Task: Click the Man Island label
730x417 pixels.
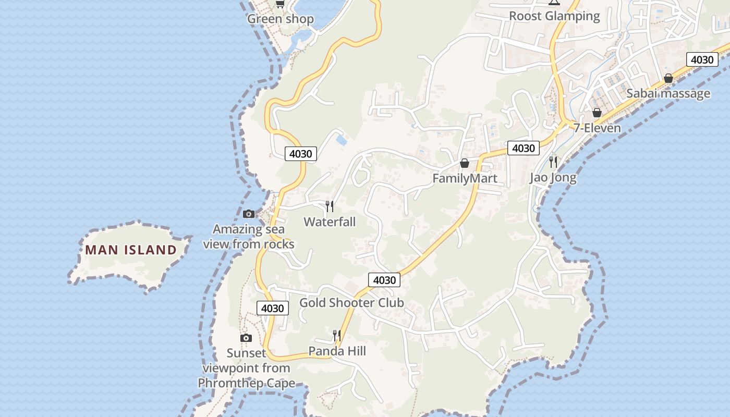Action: [131, 250]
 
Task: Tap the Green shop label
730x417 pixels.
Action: [281, 19]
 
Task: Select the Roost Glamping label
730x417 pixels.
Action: [554, 16]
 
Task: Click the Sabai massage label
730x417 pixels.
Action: [668, 93]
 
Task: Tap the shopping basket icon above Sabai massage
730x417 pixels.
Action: [668, 79]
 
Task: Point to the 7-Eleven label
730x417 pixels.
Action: [598, 128]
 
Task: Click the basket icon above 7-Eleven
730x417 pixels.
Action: [597, 113]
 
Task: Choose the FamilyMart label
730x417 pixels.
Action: [465, 178]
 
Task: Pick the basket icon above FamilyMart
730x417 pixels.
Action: [465, 164]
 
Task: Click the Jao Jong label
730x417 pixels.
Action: [553, 177]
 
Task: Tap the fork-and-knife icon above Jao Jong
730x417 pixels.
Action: [553, 162]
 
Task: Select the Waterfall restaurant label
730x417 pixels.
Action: [330, 222]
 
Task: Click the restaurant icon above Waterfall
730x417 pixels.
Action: [330, 206]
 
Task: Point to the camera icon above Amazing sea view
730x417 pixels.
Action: [249, 214]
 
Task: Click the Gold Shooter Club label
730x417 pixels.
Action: [351, 302]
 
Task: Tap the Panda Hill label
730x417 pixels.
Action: [337, 351]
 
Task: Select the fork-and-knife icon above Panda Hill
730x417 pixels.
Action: [337, 335]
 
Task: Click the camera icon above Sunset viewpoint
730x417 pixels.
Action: [246, 338]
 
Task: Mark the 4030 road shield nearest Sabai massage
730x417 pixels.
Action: [702, 59]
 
